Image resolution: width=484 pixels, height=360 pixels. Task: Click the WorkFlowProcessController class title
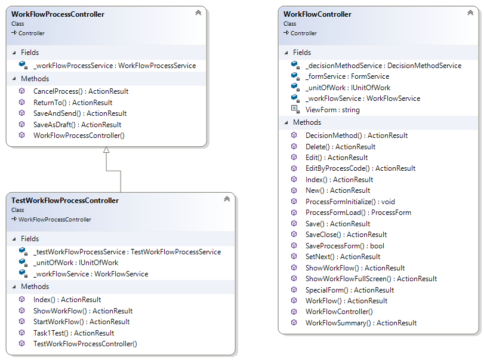point(58,14)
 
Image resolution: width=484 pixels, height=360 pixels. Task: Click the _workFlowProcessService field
point(114,66)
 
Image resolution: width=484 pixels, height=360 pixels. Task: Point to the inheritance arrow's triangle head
point(106,150)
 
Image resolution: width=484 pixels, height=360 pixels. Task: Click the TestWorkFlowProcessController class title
point(65,201)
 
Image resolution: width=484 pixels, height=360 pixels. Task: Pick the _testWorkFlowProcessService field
point(127,252)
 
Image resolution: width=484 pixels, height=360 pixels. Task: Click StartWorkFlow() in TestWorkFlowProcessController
point(81,322)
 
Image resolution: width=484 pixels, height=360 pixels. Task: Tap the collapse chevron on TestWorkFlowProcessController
point(227,199)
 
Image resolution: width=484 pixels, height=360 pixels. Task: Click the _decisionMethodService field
point(383,66)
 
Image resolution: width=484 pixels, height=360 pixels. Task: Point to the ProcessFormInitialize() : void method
point(350,202)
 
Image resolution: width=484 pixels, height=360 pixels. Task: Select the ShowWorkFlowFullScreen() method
point(371,279)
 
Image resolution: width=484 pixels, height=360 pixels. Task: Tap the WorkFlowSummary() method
point(360,323)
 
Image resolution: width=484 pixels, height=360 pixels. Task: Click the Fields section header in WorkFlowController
point(302,53)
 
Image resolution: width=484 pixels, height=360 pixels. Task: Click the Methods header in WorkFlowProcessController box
point(35,79)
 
